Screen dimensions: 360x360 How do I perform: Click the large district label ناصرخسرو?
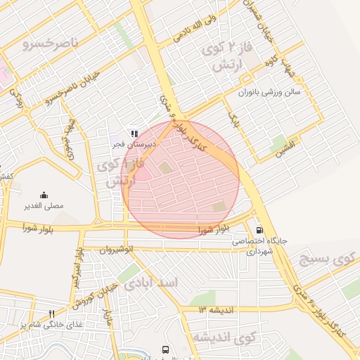click(49, 44)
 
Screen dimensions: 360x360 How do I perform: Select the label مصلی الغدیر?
click(45, 207)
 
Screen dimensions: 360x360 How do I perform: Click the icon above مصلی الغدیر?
click(44, 195)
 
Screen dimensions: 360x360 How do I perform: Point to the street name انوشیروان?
click(116, 249)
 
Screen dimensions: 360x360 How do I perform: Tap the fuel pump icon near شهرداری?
click(260, 229)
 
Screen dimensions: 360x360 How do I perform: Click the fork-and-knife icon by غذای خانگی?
click(51, 314)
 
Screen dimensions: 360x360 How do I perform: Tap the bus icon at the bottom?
click(165, 349)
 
